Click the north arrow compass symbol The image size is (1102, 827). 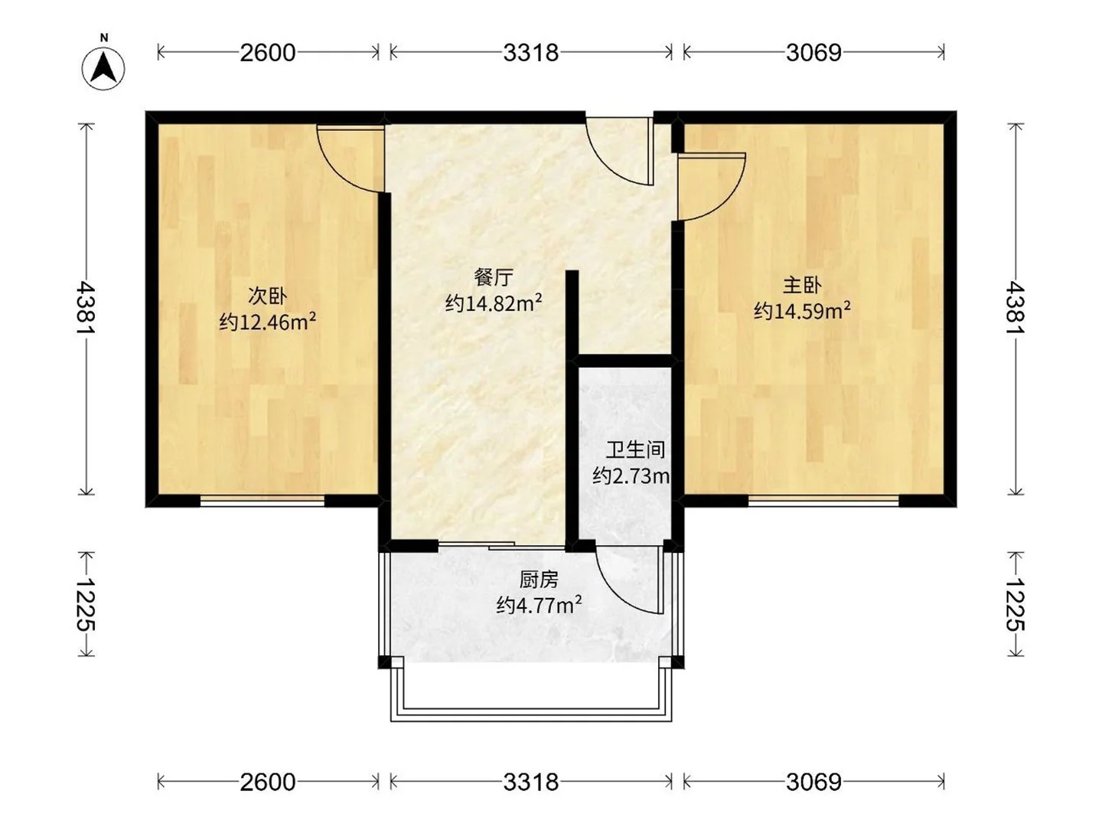(104, 67)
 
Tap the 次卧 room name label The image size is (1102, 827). (267, 295)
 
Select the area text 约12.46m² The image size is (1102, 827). (267, 322)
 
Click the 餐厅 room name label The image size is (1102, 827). (493, 277)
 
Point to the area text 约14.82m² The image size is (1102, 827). (493, 303)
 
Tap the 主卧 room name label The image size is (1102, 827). (801, 286)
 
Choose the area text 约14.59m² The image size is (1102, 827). (801, 311)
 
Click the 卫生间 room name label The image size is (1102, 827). (635, 449)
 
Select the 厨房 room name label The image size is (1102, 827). (539, 580)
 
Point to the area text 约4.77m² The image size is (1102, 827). (539, 606)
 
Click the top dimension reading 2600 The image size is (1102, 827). (267, 52)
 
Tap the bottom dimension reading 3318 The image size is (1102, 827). (530, 782)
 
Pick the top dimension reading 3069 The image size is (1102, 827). (813, 52)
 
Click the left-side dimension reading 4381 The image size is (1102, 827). (86, 308)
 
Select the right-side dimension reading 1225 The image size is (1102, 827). (1015, 604)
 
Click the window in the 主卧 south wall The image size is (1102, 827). (823, 501)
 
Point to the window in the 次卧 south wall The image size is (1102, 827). (262, 501)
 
